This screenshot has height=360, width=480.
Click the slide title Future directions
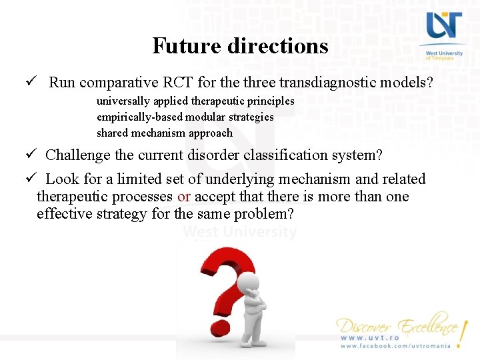pos(240,46)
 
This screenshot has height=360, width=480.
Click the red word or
pos(184,197)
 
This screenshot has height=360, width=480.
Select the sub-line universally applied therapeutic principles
pos(195,101)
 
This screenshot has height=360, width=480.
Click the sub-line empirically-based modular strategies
pos(185,117)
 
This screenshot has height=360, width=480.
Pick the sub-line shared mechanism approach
pos(164,133)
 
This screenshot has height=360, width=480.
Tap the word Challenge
pos(79,155)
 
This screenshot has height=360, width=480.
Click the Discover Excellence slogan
pos(397,326)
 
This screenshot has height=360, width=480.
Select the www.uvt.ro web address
pos(370,338)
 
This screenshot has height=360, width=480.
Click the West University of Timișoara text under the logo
pos(441,55)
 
